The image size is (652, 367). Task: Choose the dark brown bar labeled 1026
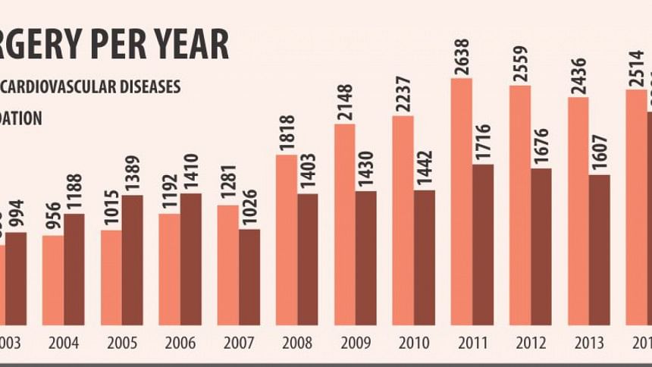click(249, 277)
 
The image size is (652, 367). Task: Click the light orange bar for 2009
click(345, 224)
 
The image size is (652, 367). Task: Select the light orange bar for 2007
click(227, 265)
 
